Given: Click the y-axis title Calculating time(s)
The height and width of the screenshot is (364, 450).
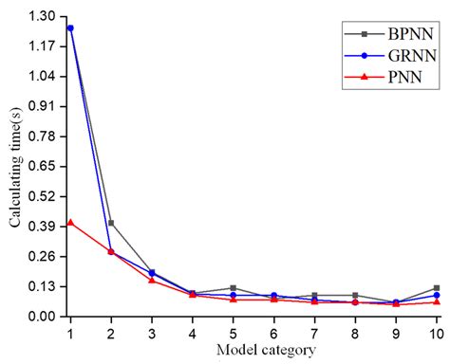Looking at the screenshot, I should point(14,167).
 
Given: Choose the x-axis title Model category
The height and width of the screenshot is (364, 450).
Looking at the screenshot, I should point(253,350).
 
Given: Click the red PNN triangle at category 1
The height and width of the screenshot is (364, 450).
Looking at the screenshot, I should point(70,223).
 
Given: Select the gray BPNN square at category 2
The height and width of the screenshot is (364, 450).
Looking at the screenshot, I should point(111,223).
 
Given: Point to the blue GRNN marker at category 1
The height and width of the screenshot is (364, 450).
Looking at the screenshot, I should point(70,28).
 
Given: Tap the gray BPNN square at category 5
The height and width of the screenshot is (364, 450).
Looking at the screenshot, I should point(233,288).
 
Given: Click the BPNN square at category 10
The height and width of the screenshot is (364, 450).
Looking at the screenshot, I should point(437,288).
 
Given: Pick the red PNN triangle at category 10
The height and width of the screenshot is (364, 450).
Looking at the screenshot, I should point(437,302).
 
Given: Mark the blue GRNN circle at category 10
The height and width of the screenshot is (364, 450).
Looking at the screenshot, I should point(437,295).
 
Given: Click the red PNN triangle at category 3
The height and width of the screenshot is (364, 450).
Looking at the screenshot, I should point(152,281).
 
